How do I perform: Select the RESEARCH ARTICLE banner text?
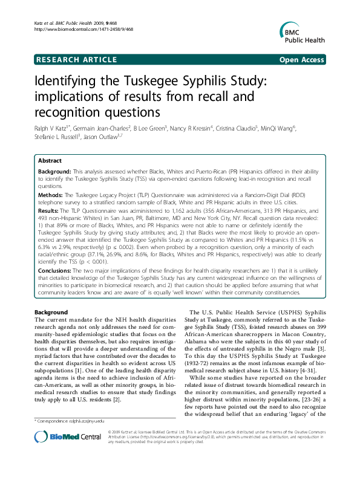click(x=77, y=59)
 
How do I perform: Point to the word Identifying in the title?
click(x=68, y=83)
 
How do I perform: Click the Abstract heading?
click(x=50, y=161)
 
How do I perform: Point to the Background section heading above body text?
click(x=51, y=311)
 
